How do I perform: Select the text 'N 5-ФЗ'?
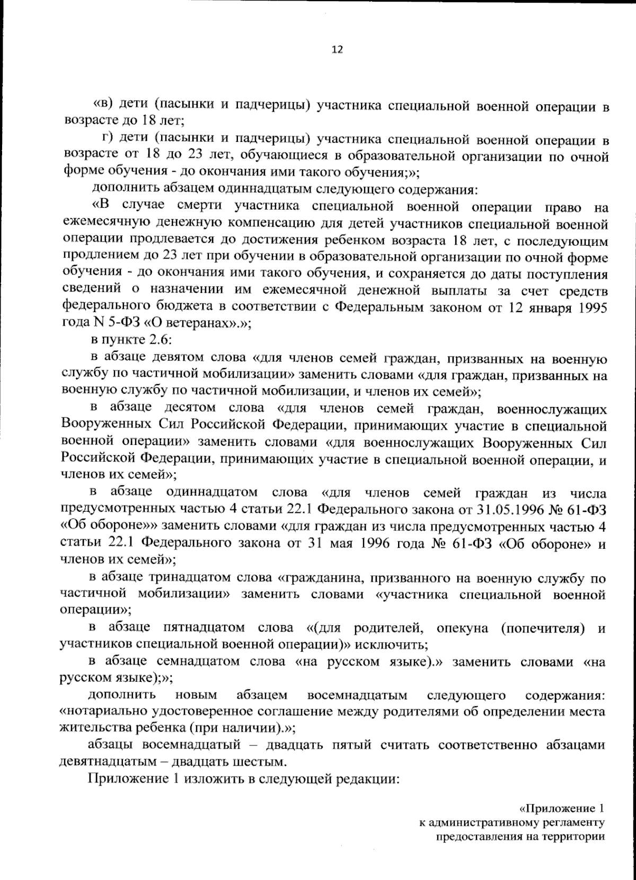(107, 325)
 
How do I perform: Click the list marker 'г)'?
(108, 139)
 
